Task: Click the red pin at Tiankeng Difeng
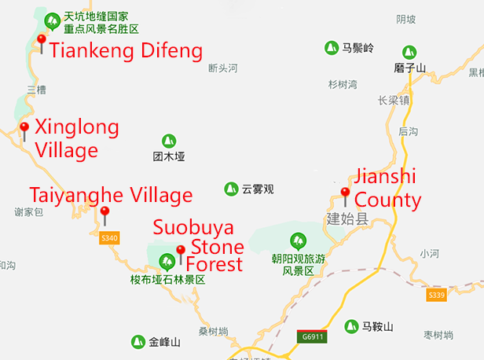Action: tap(42, 41)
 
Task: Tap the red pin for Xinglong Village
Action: tap(24, 128)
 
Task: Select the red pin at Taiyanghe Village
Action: tap(104, 212)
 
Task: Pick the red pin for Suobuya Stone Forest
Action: tap(181, 252)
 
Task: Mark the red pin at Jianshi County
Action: tap(345, 194)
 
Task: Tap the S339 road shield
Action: tap(437, 295)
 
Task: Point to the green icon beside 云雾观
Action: tap(231, 189)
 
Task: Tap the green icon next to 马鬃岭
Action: tap(332, 48)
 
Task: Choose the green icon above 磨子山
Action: tap(409, 51)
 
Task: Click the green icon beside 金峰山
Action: tap(137, 342)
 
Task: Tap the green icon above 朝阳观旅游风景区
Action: tap(298, 240)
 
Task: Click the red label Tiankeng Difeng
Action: tap(126, 53)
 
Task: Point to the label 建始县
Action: tap(346, 219)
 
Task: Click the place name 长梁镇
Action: tap(394, 101)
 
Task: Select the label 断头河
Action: tap(222, 68)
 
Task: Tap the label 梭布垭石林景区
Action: tap(167, 279)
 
